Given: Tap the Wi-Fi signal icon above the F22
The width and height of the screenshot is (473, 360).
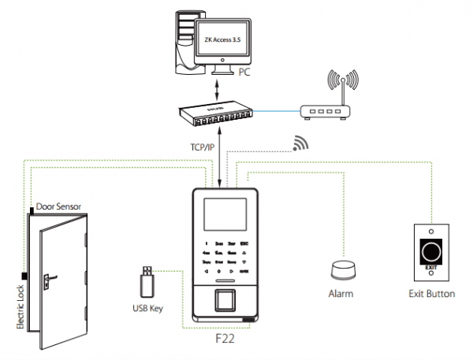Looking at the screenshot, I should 299,143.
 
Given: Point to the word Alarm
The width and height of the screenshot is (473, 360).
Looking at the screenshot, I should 341,293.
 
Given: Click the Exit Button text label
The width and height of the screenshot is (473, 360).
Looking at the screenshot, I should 430,294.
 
